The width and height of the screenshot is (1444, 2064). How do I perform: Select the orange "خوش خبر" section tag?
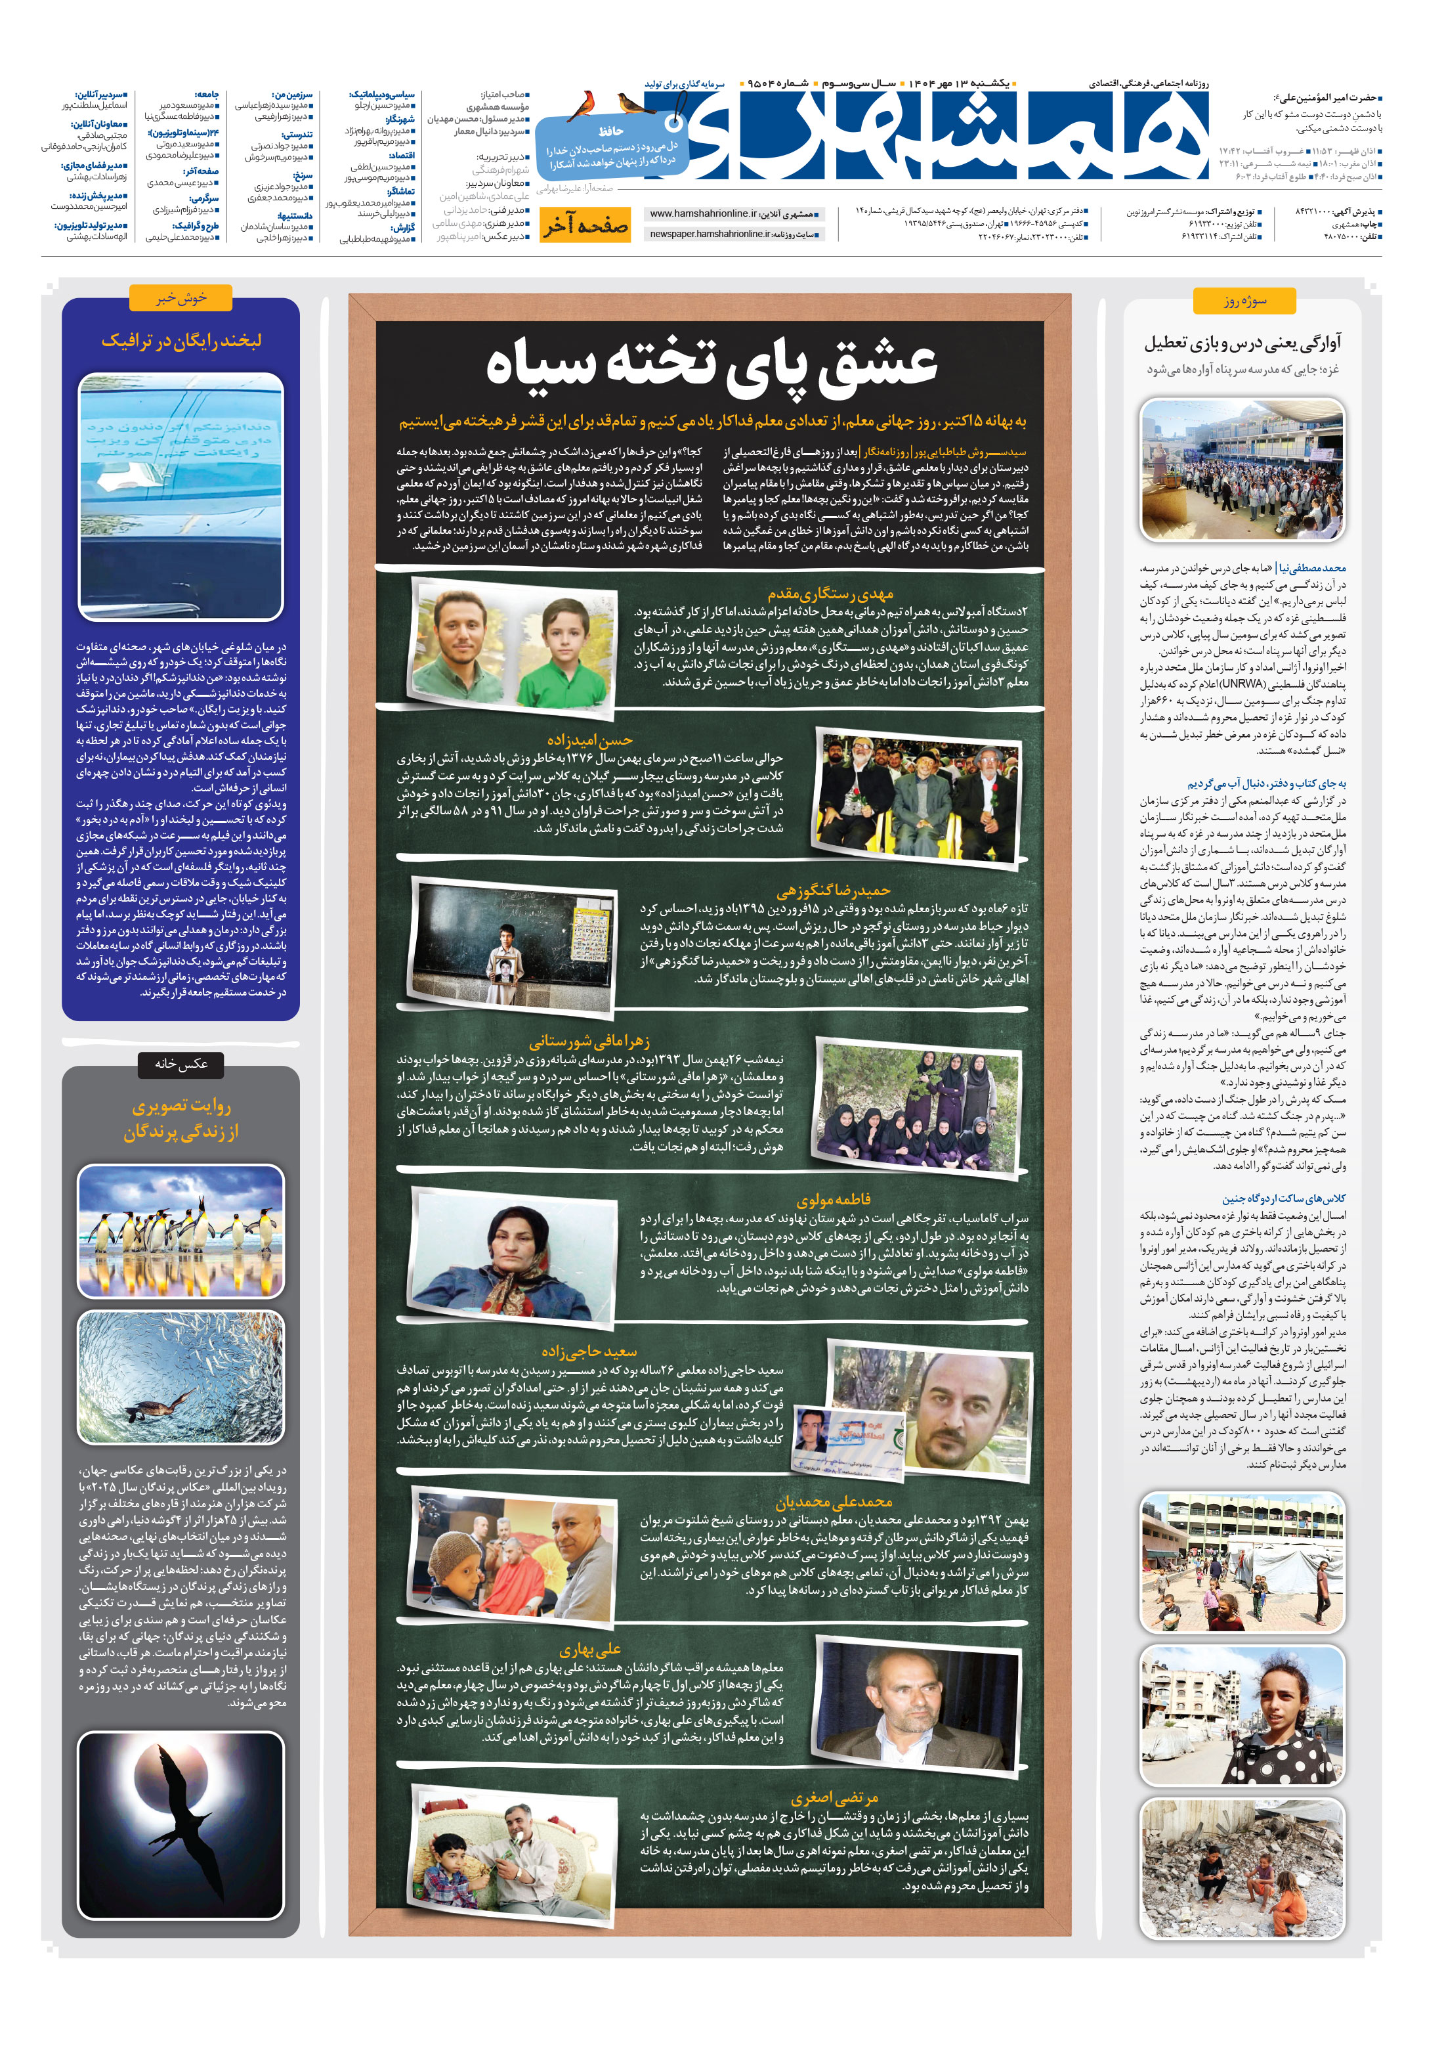click(180, 297)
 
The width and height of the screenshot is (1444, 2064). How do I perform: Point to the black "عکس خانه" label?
click(180, 1063)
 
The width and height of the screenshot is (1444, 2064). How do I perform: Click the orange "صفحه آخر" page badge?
click(585, 226)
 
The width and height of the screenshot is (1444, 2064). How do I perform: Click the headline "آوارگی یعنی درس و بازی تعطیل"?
click(1242, 343)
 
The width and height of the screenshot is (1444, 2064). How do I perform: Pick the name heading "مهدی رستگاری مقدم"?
click(830, 594)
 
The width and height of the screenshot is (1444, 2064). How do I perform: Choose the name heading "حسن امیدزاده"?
click(589, 740)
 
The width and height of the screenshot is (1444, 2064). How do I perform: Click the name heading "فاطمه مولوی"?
click(833, 1199)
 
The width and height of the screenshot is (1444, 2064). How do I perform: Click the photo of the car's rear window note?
click(180, 497)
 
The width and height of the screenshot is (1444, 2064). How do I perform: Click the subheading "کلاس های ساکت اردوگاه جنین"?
click(1283, 1198)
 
